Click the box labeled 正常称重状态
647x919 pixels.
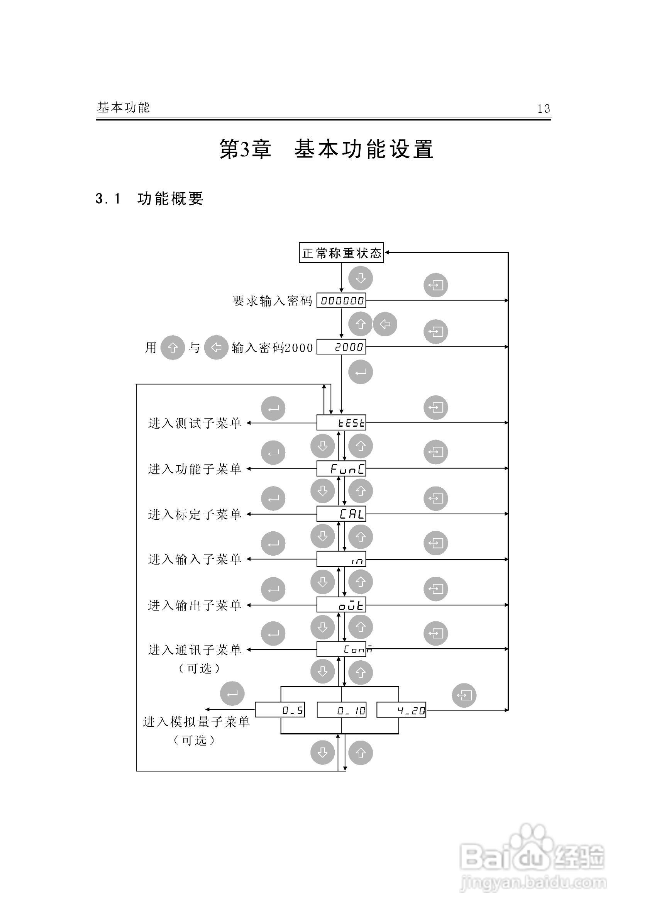pyautogui.click(x=341, y=253)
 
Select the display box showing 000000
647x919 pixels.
pyautogui.click(x=341, y=300)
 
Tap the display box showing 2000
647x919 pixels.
pyautogui.click(x=341, y=347)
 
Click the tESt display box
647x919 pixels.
pyautogui.click(x=341, y=422)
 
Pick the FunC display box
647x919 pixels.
pyautogui.click(x=341, y=468)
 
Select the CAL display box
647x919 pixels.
pyautogui.click(x=341, y=514)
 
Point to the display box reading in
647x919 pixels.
pyautogui.click(x=341, y=559)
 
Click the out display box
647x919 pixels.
pyautogui.click(x=341, y=605)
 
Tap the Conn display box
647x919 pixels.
pyautogui.click(x=341, y=649)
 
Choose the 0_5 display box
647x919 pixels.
pyautogui.click(x=280, y=710)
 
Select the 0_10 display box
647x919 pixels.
pyautogui.click(x=341, y=710)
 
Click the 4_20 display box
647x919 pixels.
pyautogui.click(x=401, y=710)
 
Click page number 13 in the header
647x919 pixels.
pyautogui.click(x=544, y=109)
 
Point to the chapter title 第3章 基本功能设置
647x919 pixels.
pyautogui.click(x=326, y=149)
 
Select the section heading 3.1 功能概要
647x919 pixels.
pyautogui.click(x=149, y=198)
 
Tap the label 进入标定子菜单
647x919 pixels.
pyautogui.click(x=195, y=514)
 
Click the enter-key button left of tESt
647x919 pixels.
pyautogui.click(x=273, y=408)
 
